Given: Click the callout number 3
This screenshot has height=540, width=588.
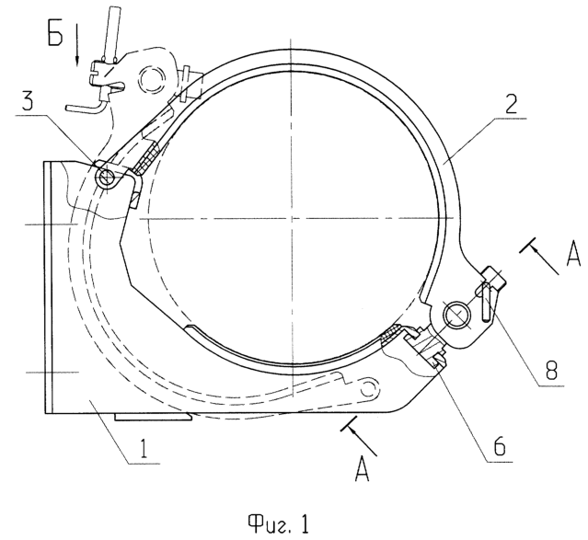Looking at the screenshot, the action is coord(27,101).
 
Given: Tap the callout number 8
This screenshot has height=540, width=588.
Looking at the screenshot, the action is coord(551,370).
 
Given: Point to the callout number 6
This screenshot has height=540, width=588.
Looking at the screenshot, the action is coord(500,446).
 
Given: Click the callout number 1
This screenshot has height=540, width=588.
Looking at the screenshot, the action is coord(143,449).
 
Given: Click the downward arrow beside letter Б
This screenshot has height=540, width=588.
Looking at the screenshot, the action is coord(77,45).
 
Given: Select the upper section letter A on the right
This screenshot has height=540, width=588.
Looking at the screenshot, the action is coord(572,256).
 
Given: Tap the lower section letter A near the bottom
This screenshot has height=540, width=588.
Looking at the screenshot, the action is coord(362,469).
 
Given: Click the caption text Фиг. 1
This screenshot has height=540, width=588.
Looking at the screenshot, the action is coord(279,523).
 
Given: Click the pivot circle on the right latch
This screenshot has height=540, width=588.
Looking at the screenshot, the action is coord(456,314).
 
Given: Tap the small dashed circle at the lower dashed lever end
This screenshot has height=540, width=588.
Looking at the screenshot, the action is coord(369,388).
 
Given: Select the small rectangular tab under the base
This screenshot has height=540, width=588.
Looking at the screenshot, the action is coord(153,417).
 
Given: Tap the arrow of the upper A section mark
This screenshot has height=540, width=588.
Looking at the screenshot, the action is coord(539,258).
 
